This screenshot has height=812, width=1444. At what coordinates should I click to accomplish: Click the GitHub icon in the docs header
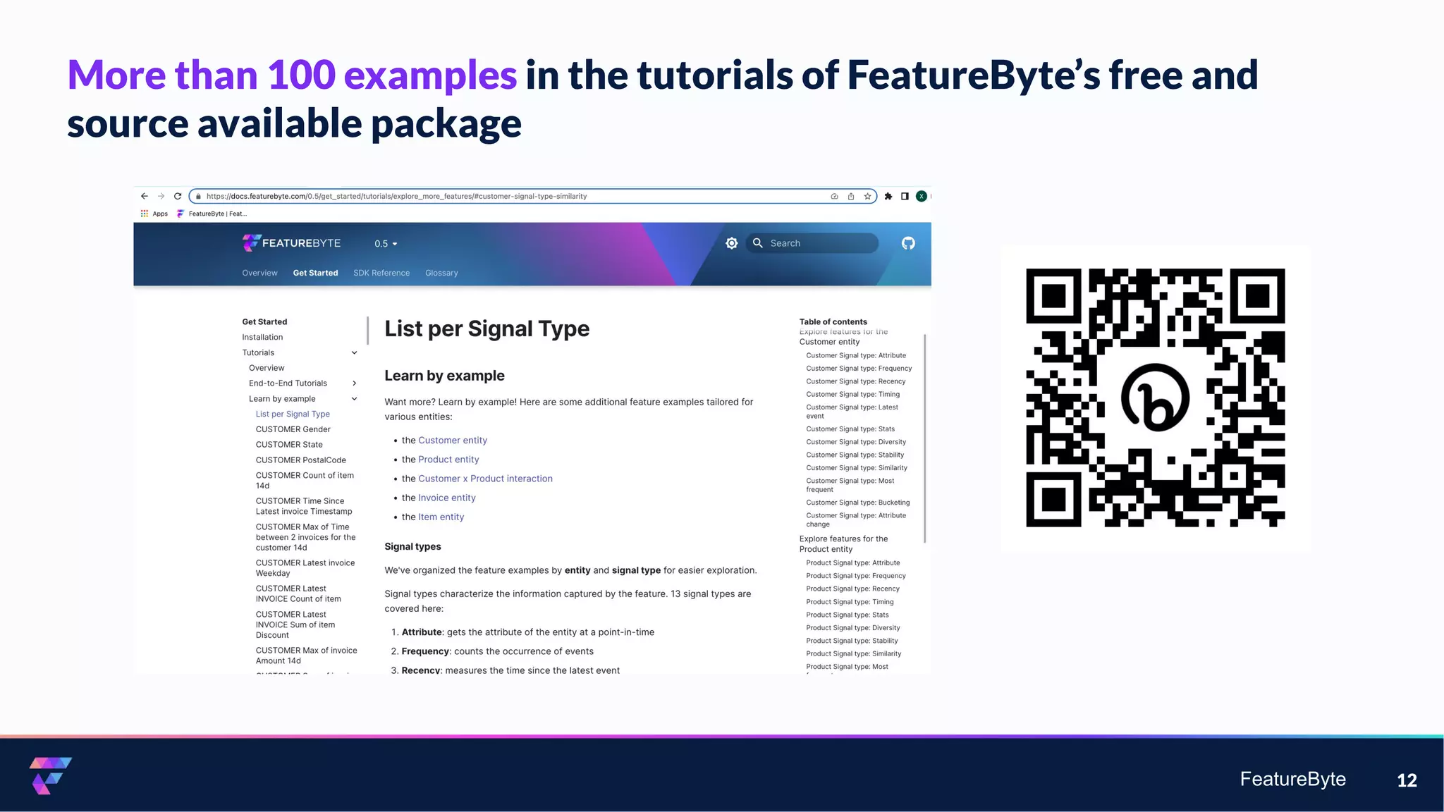click(908, 243)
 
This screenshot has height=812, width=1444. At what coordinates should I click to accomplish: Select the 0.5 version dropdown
click(386, 244)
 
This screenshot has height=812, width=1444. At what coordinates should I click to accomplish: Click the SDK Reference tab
click(381, 273)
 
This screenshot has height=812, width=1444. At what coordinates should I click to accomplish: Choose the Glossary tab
click(441, 273)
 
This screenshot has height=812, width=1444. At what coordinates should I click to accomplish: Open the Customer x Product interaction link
click(485, 479)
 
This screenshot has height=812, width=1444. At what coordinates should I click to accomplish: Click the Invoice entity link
click(446, 498)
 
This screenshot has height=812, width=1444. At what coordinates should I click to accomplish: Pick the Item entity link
click(441, 517)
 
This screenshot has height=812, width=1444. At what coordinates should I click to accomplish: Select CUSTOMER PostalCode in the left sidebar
click(300, 460)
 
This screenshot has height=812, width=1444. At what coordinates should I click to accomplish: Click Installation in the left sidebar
click(262, 338)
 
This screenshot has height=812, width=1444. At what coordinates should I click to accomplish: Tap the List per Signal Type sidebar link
click(293, 414)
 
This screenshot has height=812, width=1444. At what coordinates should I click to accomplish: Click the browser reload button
click(178, 197)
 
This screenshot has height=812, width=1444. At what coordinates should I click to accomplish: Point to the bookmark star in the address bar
click(867, 197)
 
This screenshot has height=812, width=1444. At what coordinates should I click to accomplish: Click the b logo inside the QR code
click(1155, 398)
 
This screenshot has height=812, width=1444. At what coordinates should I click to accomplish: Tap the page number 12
click(1407, 780)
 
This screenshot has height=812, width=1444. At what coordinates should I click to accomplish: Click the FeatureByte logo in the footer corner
click(50, 775)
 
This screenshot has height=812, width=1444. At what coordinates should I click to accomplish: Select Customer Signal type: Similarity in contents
click(857, 468)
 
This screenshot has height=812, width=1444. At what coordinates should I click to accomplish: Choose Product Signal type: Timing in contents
click(850, 602)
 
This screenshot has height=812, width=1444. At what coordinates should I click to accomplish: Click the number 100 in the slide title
click(301, 75)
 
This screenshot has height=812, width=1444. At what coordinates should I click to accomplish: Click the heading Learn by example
click(444, 376)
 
